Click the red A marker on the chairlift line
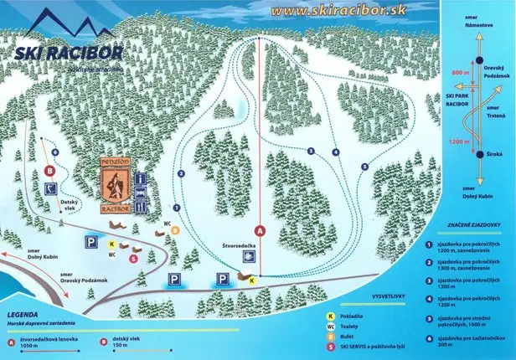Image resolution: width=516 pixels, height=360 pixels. pyautogui.click(x=260, y=229)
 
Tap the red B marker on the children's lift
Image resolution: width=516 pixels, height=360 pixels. pyautogui.click(x=50, y=171)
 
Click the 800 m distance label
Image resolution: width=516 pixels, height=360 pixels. pyautogui.click(x=457, y=74)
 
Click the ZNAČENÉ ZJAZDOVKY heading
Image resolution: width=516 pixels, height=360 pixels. pyautogui.click(x=470, y=223)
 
